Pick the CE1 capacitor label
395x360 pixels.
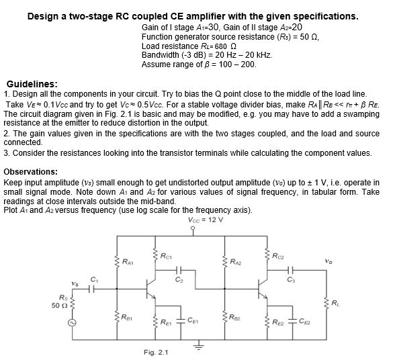[193, 321]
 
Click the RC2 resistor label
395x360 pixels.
[279, 254]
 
